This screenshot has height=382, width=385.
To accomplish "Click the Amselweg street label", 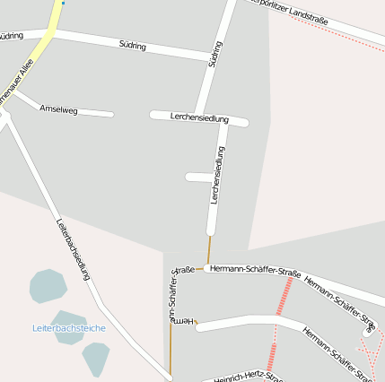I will tap(59, 109).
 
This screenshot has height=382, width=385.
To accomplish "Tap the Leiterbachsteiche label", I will tap(68, 328).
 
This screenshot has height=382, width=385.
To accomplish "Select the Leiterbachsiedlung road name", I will tap(74, 251).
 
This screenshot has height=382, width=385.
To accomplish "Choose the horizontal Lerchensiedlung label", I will tap(199, 117).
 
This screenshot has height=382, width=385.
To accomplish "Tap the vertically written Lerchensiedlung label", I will tap(216, 175).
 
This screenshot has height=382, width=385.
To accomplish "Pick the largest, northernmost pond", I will tap(48, 286).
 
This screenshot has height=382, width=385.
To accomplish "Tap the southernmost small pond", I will tap(95, 358).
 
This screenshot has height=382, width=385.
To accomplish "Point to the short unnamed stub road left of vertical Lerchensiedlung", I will tap(198, 178).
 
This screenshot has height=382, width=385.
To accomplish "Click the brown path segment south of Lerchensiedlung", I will tap(209, 250).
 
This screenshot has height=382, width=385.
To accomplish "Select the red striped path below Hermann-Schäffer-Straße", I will tap(284, 296).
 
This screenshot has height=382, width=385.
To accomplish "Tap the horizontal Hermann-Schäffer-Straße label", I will tap(255, 269).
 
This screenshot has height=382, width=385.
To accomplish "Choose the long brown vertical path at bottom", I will tap(171, 350).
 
